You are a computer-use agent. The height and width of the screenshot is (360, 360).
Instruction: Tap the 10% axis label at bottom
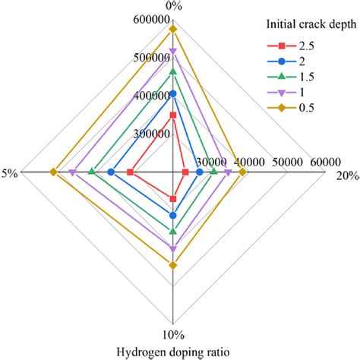[173, 334]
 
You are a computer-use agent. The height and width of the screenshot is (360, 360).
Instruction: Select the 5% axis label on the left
[10, 173]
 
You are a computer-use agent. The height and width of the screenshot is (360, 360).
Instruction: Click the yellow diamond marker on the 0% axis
[173, 29]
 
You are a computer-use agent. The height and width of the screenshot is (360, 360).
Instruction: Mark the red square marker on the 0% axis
[173, 115]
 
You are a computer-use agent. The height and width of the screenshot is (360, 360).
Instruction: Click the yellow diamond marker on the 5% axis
[53, 172]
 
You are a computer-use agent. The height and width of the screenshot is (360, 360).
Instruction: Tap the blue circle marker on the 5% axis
[111, 172]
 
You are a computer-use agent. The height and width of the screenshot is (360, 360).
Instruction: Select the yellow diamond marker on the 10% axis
[173, 265]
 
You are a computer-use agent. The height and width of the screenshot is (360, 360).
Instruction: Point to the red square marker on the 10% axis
[173, 199]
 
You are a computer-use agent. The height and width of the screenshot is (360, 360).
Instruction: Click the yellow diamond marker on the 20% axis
[242, 172]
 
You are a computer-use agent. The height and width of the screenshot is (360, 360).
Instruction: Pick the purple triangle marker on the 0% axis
[173, 51]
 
